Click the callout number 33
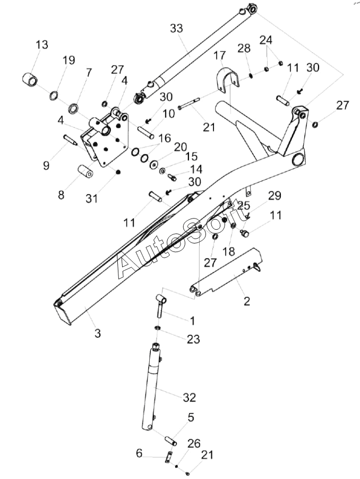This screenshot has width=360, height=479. tap(176, 29)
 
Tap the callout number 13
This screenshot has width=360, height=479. tap(42, 45)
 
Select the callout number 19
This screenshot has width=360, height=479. tap(69, 60)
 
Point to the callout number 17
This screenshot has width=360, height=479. tap(220, 55)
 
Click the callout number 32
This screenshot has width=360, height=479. tap(190, 397)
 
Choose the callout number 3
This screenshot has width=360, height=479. tap(98, 333)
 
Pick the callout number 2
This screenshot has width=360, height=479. tap(247, 301)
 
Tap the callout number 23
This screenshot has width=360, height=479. tap(193, 339)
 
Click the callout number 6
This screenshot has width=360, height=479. tap(139, 453)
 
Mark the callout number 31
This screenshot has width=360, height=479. tap(91, 199)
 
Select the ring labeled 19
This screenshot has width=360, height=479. tap(53, 95)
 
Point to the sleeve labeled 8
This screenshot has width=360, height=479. tap(85, 171)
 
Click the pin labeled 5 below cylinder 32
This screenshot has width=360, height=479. tap(171, 441)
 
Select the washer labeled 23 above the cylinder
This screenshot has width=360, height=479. tap(158, 327)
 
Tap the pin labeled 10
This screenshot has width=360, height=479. tap(145, 132)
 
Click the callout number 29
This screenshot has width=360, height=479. tap(275, 196)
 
